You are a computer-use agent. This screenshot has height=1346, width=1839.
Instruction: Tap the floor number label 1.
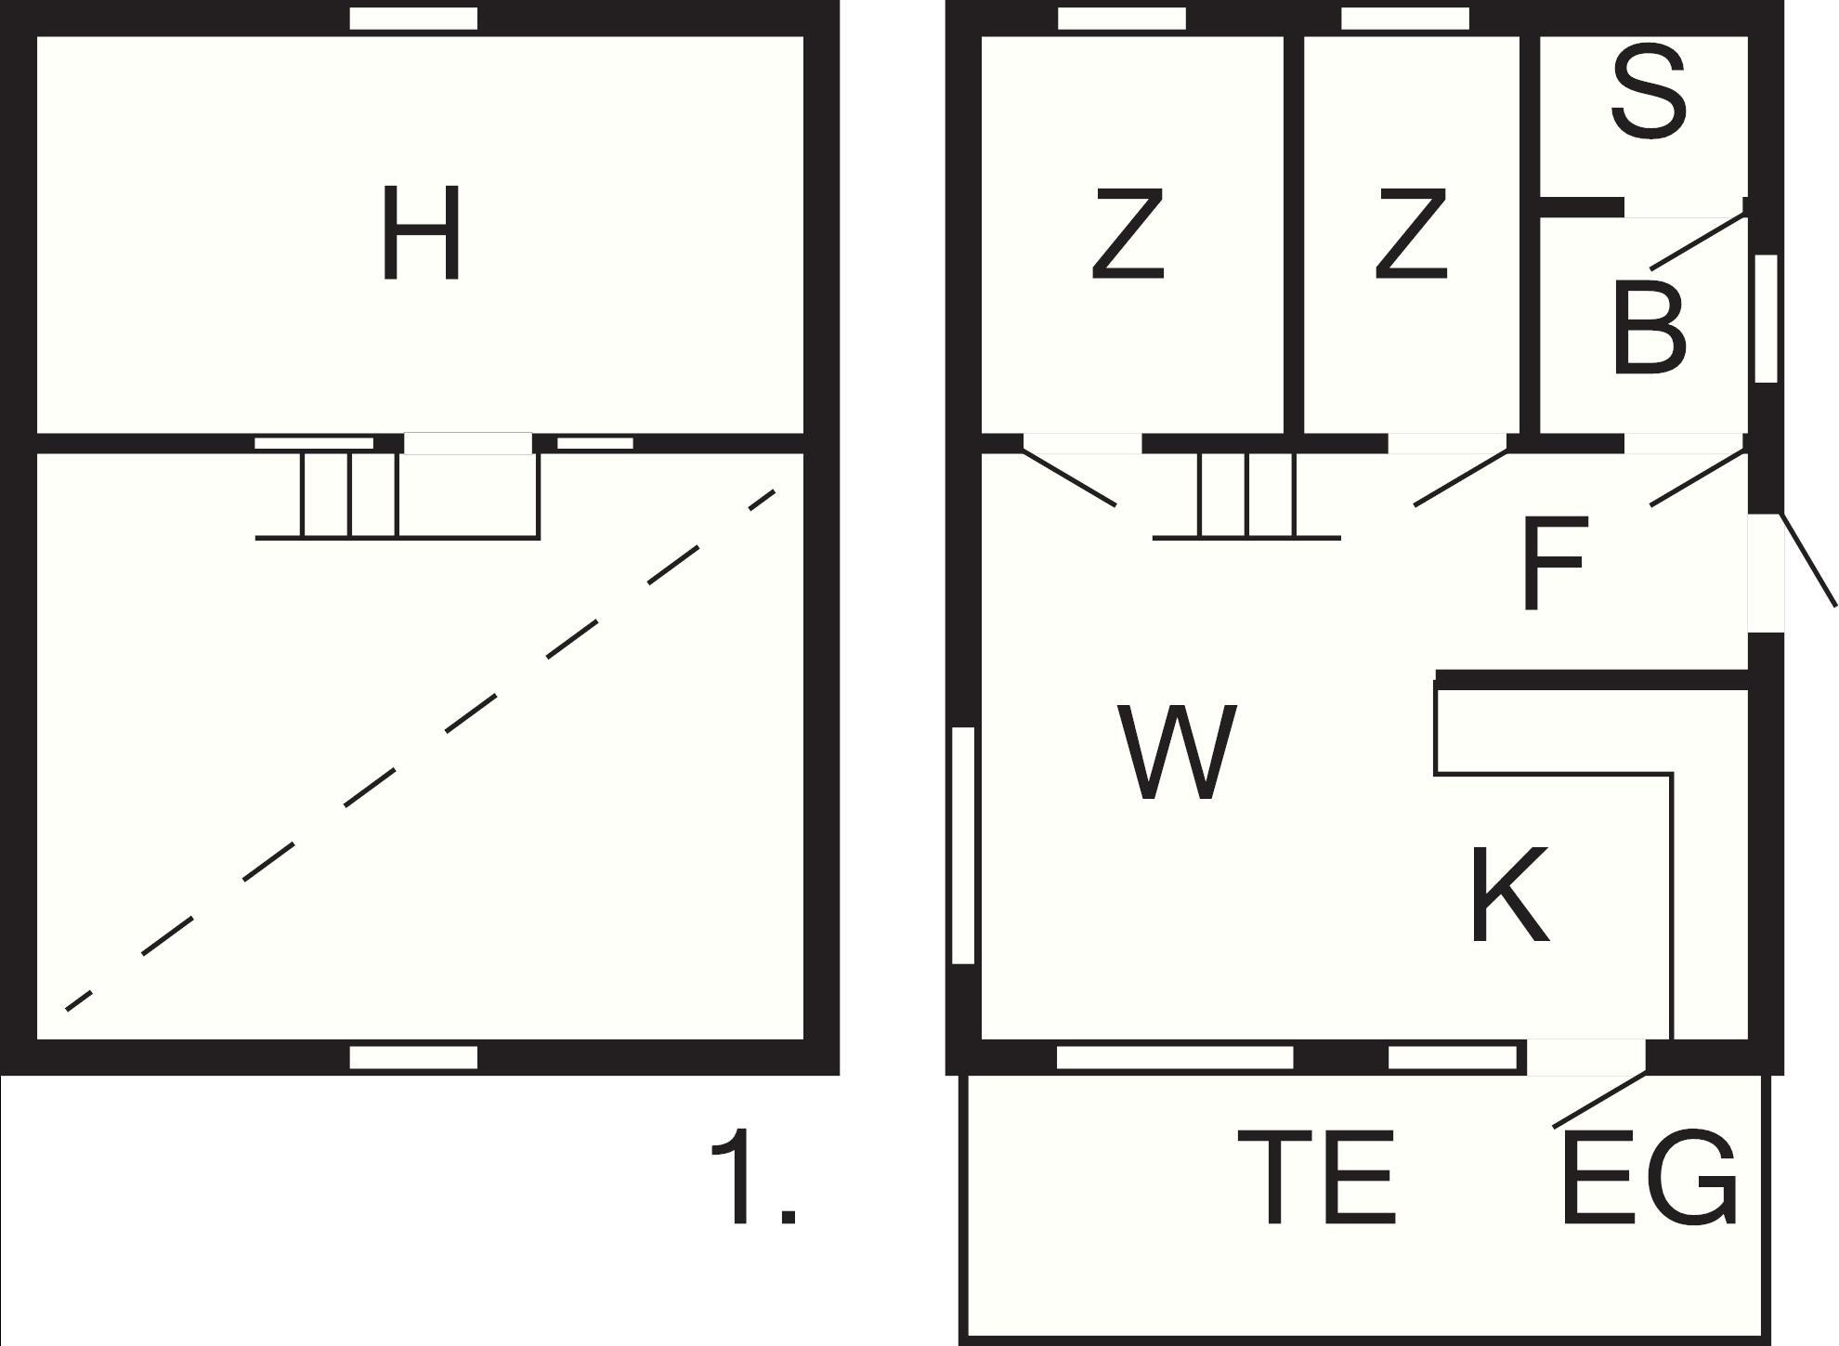[752, 1176]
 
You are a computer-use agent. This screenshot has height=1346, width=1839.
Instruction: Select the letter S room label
[1649, 94]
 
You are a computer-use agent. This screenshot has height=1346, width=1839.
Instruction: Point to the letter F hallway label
[1555, 564]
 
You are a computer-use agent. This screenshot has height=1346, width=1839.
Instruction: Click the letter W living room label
[1177, 751]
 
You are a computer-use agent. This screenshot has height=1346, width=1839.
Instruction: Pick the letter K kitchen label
[1509, 895]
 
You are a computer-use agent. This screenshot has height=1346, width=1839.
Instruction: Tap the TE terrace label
[1317, 1177]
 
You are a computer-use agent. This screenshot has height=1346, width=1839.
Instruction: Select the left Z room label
[1128, 233]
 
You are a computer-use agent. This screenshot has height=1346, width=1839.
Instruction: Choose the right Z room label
[1411, 233]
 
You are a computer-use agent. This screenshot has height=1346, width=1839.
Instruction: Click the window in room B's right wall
[1766, 319]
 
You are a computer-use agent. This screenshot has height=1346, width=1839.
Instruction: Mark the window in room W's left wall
[964, 845]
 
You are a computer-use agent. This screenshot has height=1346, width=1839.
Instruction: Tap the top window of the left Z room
[1122, 19]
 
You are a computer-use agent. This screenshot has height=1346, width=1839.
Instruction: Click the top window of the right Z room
[1405, 19]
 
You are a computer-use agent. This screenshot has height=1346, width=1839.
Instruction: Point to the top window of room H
[413, 19]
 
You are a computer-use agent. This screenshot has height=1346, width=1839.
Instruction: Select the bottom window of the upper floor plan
[413, 1057]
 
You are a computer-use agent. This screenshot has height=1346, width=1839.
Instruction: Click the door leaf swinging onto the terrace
[1599, 1101]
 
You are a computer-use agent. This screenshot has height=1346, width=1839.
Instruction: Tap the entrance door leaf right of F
[1807, 559]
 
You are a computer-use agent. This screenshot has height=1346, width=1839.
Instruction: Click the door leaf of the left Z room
[1069, 478]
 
